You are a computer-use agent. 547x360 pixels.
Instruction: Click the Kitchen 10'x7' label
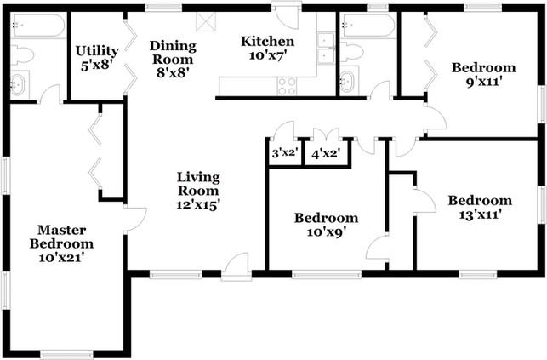(x=268, y=49)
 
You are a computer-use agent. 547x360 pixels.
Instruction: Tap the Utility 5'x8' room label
(x=97, y=58)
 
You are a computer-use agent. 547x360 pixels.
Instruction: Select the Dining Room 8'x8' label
(x=173, y=59)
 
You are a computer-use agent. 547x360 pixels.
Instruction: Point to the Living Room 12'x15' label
(x=198, y=191)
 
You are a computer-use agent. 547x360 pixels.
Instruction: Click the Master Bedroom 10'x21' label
(x=61, y=243)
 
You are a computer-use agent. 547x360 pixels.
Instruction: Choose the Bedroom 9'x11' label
(x=483, y=75)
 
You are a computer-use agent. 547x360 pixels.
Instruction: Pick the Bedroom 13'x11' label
(x=480, y=208)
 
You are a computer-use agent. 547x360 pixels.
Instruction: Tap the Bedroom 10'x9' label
(x=326, y=225)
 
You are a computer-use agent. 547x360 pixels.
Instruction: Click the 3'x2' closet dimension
(x=284, y=152)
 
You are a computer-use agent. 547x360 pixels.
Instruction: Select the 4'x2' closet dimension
(x=326, y=153)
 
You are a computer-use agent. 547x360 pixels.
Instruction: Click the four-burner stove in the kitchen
(x=287, y=86)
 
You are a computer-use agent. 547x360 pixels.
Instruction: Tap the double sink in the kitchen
(x=326, y=49)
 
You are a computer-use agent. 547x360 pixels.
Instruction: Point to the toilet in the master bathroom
(x=21, y=55)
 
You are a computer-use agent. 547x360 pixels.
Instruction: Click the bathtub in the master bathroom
(x=37, y=25)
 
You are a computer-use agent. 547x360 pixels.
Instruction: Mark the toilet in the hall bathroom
(x=352, y=52)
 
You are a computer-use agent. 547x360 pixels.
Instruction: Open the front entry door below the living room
(x=236, y=267)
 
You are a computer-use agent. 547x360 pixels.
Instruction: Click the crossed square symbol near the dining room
(x=206, y=22)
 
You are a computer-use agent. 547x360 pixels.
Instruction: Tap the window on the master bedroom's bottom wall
(x=66, y=354)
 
